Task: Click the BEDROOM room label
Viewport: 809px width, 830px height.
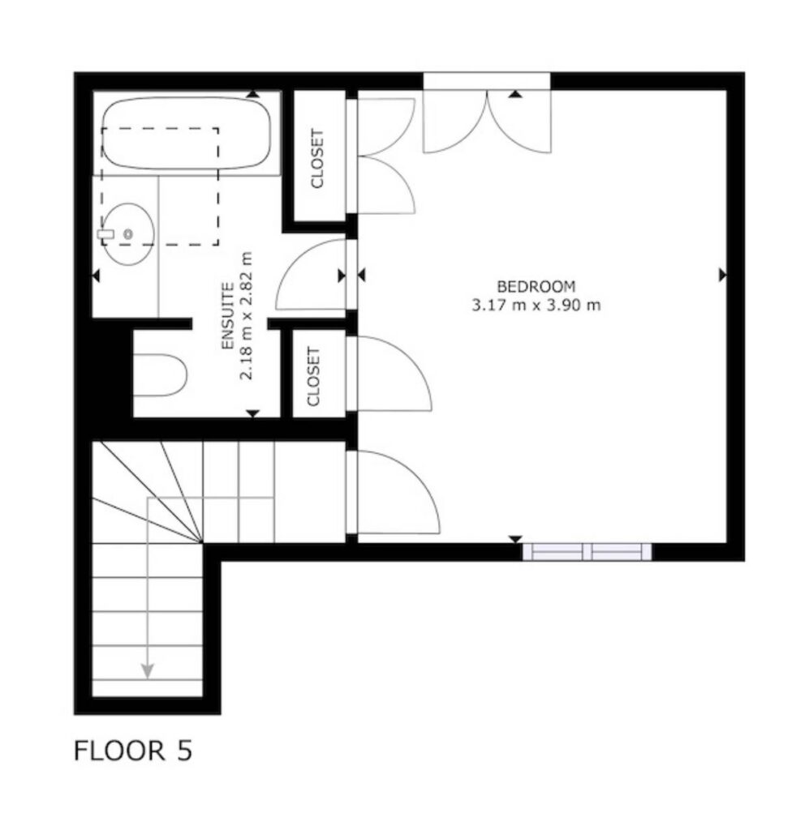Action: click(x=536, y=286)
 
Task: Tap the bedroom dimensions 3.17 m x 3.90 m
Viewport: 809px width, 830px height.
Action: click(x=536, y=306)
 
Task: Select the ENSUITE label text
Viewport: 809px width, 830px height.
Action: click(x=227, y=316)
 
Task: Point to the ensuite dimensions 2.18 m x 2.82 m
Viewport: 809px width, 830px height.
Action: click(x=247, y=316)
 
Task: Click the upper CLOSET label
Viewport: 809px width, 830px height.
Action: click(x=316, y=158)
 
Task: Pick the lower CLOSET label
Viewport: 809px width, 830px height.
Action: click(x=314, y=376)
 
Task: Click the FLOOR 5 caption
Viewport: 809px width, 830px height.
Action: click(x=132, y=751)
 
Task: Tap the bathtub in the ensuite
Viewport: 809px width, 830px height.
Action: click(x=186, y=133)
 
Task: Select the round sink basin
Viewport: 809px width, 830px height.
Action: click(x=128, y=234)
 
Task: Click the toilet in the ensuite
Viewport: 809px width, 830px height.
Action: click(x=160, y=375)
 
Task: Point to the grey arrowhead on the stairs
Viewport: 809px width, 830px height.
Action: click(x=148, y=670)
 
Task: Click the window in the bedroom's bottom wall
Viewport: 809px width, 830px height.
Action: click(x=587, y=551)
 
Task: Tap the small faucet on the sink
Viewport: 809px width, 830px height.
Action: click(x=106, y=234)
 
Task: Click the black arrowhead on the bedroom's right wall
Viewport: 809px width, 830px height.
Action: click(x=723, y=275)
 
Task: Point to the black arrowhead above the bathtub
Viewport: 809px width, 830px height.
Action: click(x=253, y=94)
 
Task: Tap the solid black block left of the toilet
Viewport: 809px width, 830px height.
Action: click(x=112, y=373)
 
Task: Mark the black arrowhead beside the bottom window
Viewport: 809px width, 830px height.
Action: click(x=515, y=539)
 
